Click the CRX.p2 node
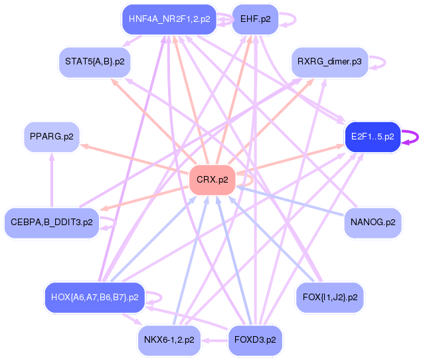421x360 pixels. (x=212, y=179)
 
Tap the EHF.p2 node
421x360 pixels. (x=255, y=19)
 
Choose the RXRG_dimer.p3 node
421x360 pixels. (x=329, y=62)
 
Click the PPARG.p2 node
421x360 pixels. (x=51, y=137)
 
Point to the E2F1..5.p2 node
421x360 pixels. (x=373, y=137)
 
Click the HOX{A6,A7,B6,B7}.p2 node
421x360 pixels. (x=94, y=297)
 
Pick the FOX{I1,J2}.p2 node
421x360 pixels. (x=329, y=297)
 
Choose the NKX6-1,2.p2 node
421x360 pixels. (x=169, y=340)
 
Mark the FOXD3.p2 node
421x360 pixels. (x=255, y=340)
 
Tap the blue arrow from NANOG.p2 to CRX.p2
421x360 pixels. (x=292, y=203)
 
